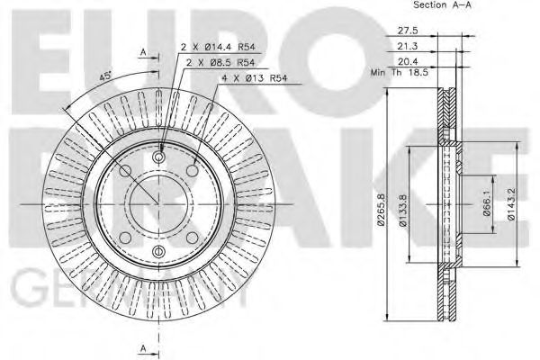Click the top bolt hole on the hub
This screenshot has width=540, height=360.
pos(161,159)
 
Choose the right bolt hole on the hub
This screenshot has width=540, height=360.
pos(206,204)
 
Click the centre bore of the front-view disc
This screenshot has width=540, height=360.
pos(161,204)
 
